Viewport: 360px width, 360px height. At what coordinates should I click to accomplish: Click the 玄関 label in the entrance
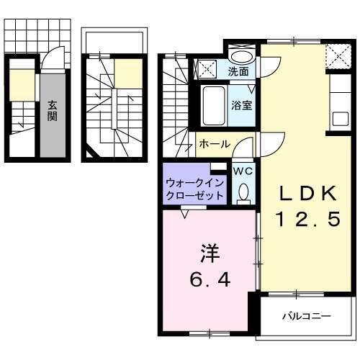pyautogui.click(x=53, y=112)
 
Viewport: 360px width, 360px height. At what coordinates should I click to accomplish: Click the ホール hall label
pyautogui.click(x=214, y=144)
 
